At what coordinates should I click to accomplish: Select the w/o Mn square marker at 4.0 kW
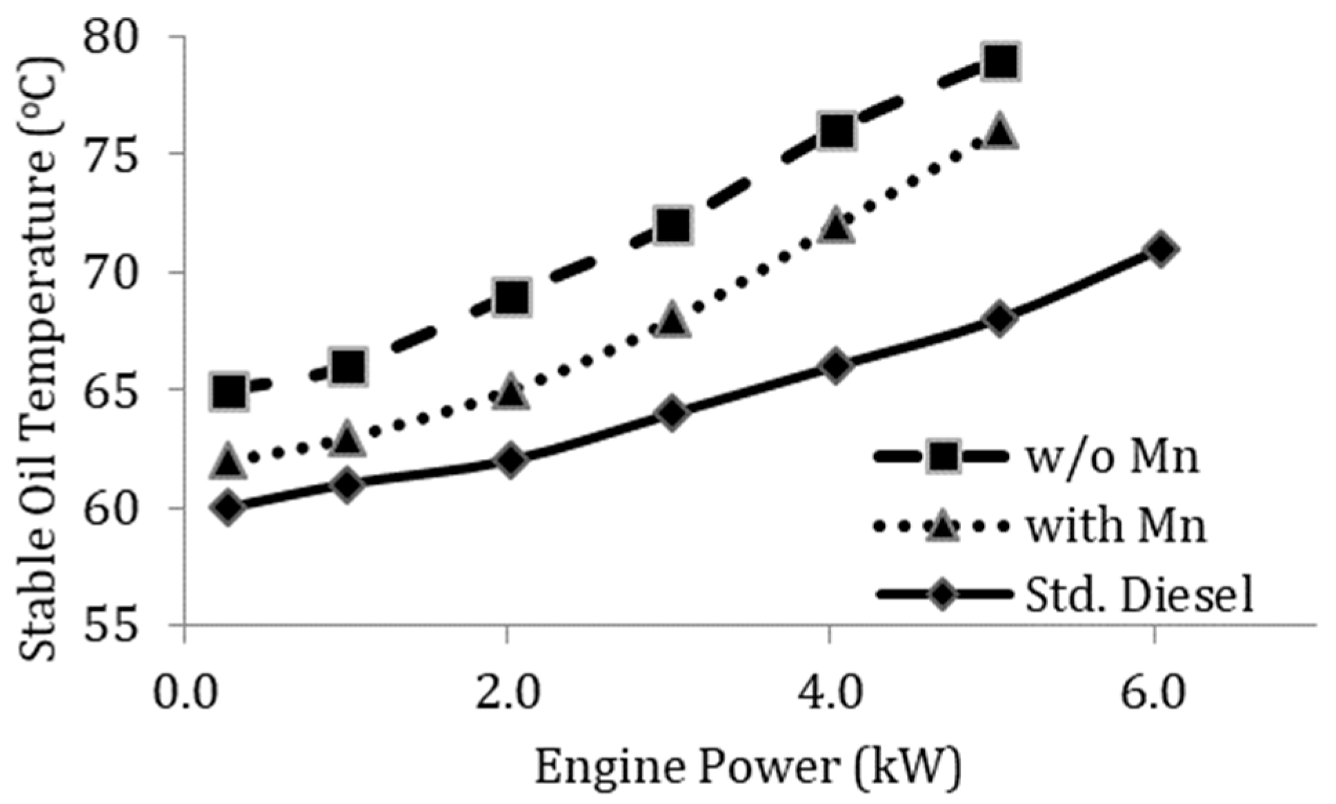[836, 130]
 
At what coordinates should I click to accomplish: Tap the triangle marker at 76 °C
[1000, 131]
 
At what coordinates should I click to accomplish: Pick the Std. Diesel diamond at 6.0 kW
[1161, 248]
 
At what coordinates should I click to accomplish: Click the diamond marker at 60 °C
[229, 508]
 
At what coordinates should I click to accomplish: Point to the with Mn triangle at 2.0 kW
[510, 393]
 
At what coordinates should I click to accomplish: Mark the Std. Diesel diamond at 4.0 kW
[836, 366]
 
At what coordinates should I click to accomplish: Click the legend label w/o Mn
[1113, 458]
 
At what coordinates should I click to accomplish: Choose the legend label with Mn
[1116, 527]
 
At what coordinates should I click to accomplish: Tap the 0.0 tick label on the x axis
[185, 694]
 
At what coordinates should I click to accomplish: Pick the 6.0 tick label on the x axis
[1153, 694]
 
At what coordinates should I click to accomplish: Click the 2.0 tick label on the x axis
[507, 694]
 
